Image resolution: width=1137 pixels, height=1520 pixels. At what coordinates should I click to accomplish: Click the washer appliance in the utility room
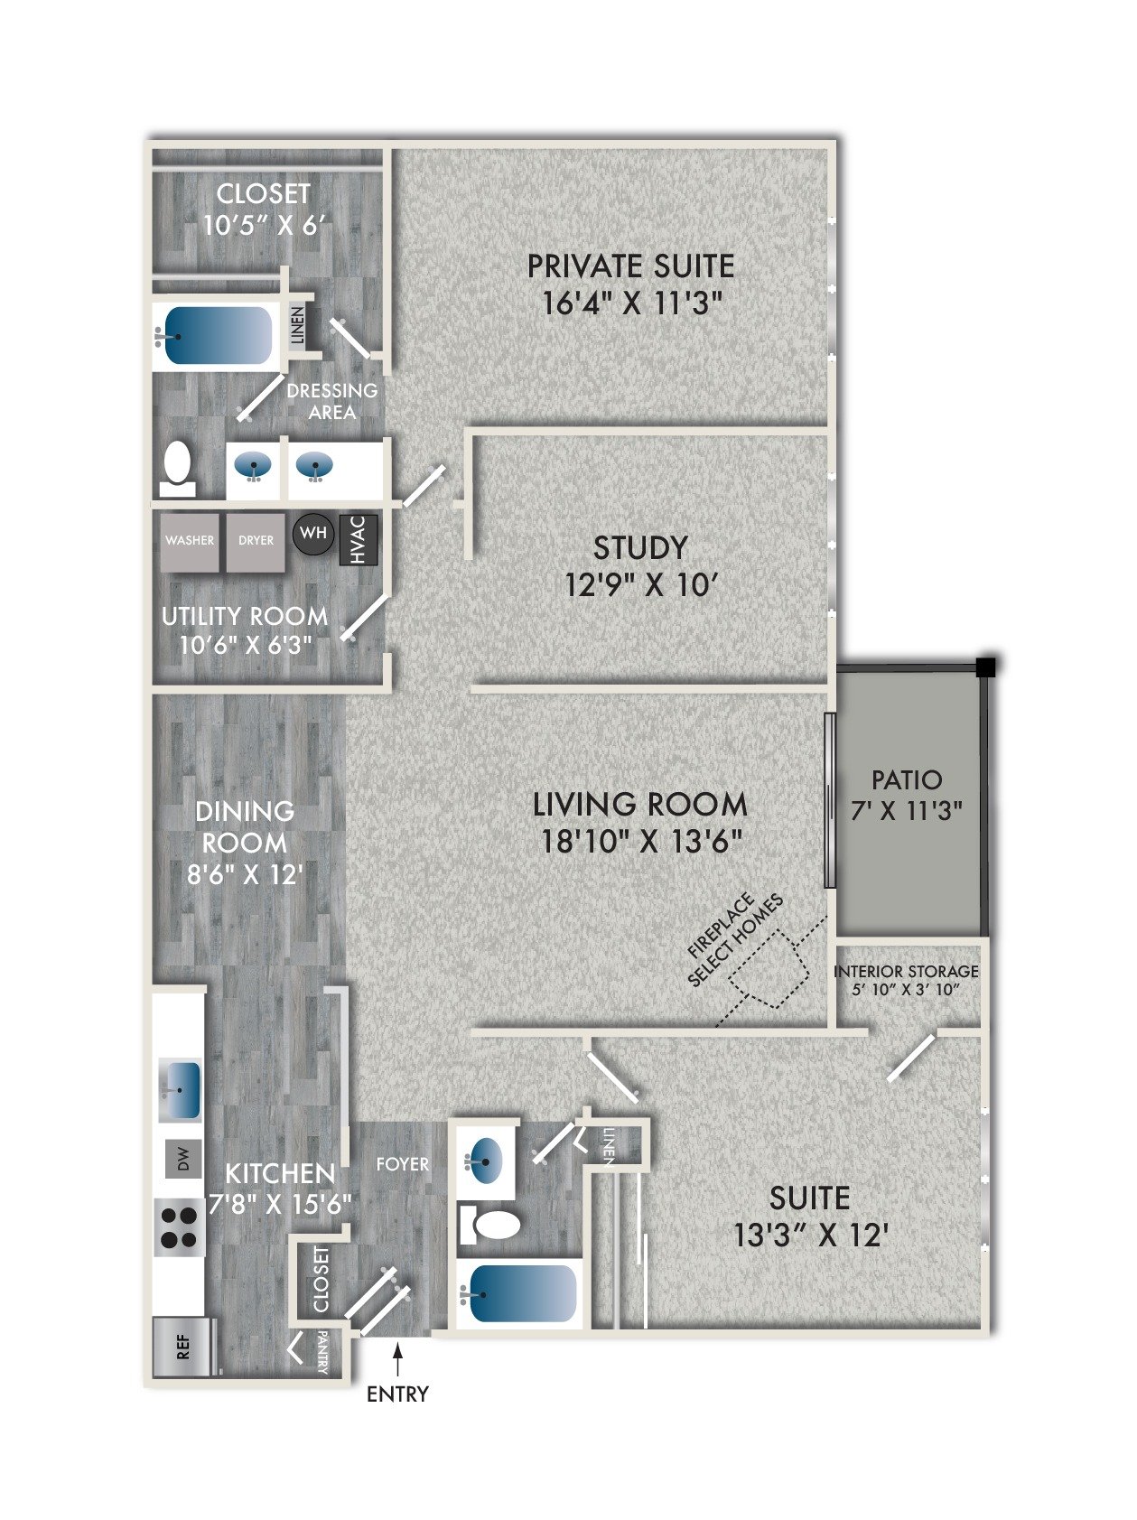pos(190,542)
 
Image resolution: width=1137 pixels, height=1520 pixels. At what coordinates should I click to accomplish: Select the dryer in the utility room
pos(256,542)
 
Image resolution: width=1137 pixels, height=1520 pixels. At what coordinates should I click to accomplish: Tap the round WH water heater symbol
pos(313,534)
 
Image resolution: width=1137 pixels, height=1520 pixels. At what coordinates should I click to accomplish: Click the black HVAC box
pos(358,540)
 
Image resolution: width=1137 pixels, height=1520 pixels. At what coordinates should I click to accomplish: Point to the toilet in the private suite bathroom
pos(179,468)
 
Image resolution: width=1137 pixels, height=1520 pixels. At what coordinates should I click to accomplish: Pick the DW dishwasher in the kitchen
pos(183,1159)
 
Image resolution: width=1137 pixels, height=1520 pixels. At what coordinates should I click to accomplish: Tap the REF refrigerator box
pos(183,1347)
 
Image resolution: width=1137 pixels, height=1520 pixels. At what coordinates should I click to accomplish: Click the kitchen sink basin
pos(181,1090)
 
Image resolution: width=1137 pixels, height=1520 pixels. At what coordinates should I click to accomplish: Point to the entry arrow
pos(397,1359)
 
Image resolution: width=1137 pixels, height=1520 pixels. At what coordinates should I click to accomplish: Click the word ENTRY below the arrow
pos(397,1394)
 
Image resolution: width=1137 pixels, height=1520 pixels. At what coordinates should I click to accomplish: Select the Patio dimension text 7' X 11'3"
pos(907,811)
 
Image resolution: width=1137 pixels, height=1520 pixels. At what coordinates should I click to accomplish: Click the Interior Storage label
pos(907,972)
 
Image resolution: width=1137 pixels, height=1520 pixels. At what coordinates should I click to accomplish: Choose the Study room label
pos(640,548)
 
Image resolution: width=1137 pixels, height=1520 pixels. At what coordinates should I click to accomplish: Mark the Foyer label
pos(403,1164)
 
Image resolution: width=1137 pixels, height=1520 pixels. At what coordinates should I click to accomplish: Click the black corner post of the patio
pos(988,667)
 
